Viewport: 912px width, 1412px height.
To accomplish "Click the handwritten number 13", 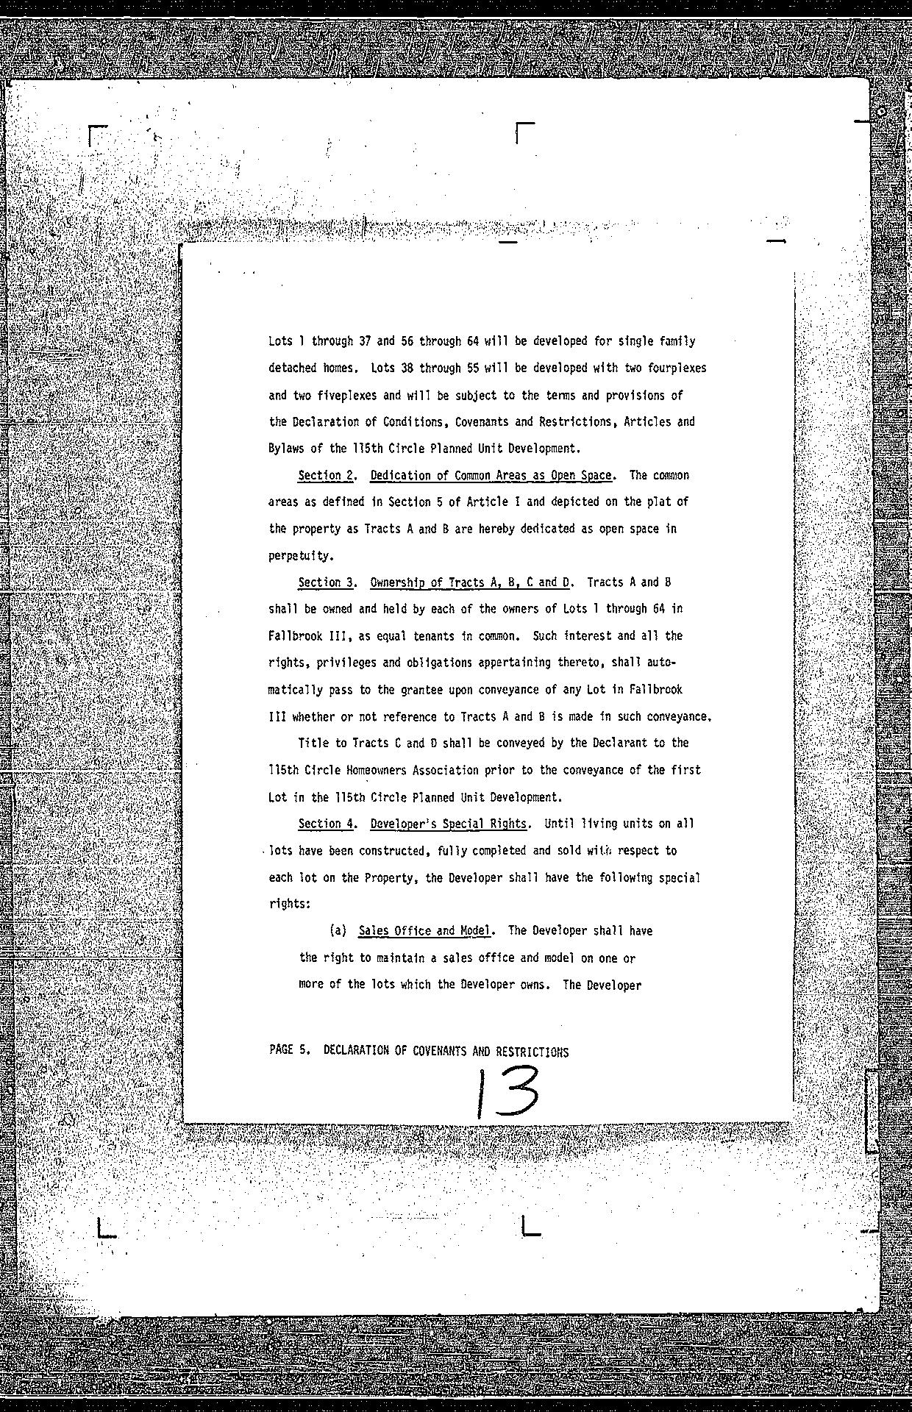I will [x=506, y=1094].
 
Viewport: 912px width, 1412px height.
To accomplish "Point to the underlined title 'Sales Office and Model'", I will [x=424, y=930].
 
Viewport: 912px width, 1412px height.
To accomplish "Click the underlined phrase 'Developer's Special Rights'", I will [x=449, y=824].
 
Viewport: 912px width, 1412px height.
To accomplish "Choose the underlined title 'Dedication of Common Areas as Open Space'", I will [x=491, y=475].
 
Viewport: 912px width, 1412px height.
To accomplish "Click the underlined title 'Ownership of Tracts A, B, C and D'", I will [x=470, y=582].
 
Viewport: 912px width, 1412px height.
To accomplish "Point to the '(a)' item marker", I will [x=338, y=930].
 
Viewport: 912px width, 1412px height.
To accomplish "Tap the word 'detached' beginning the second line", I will [x=293, y=368].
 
